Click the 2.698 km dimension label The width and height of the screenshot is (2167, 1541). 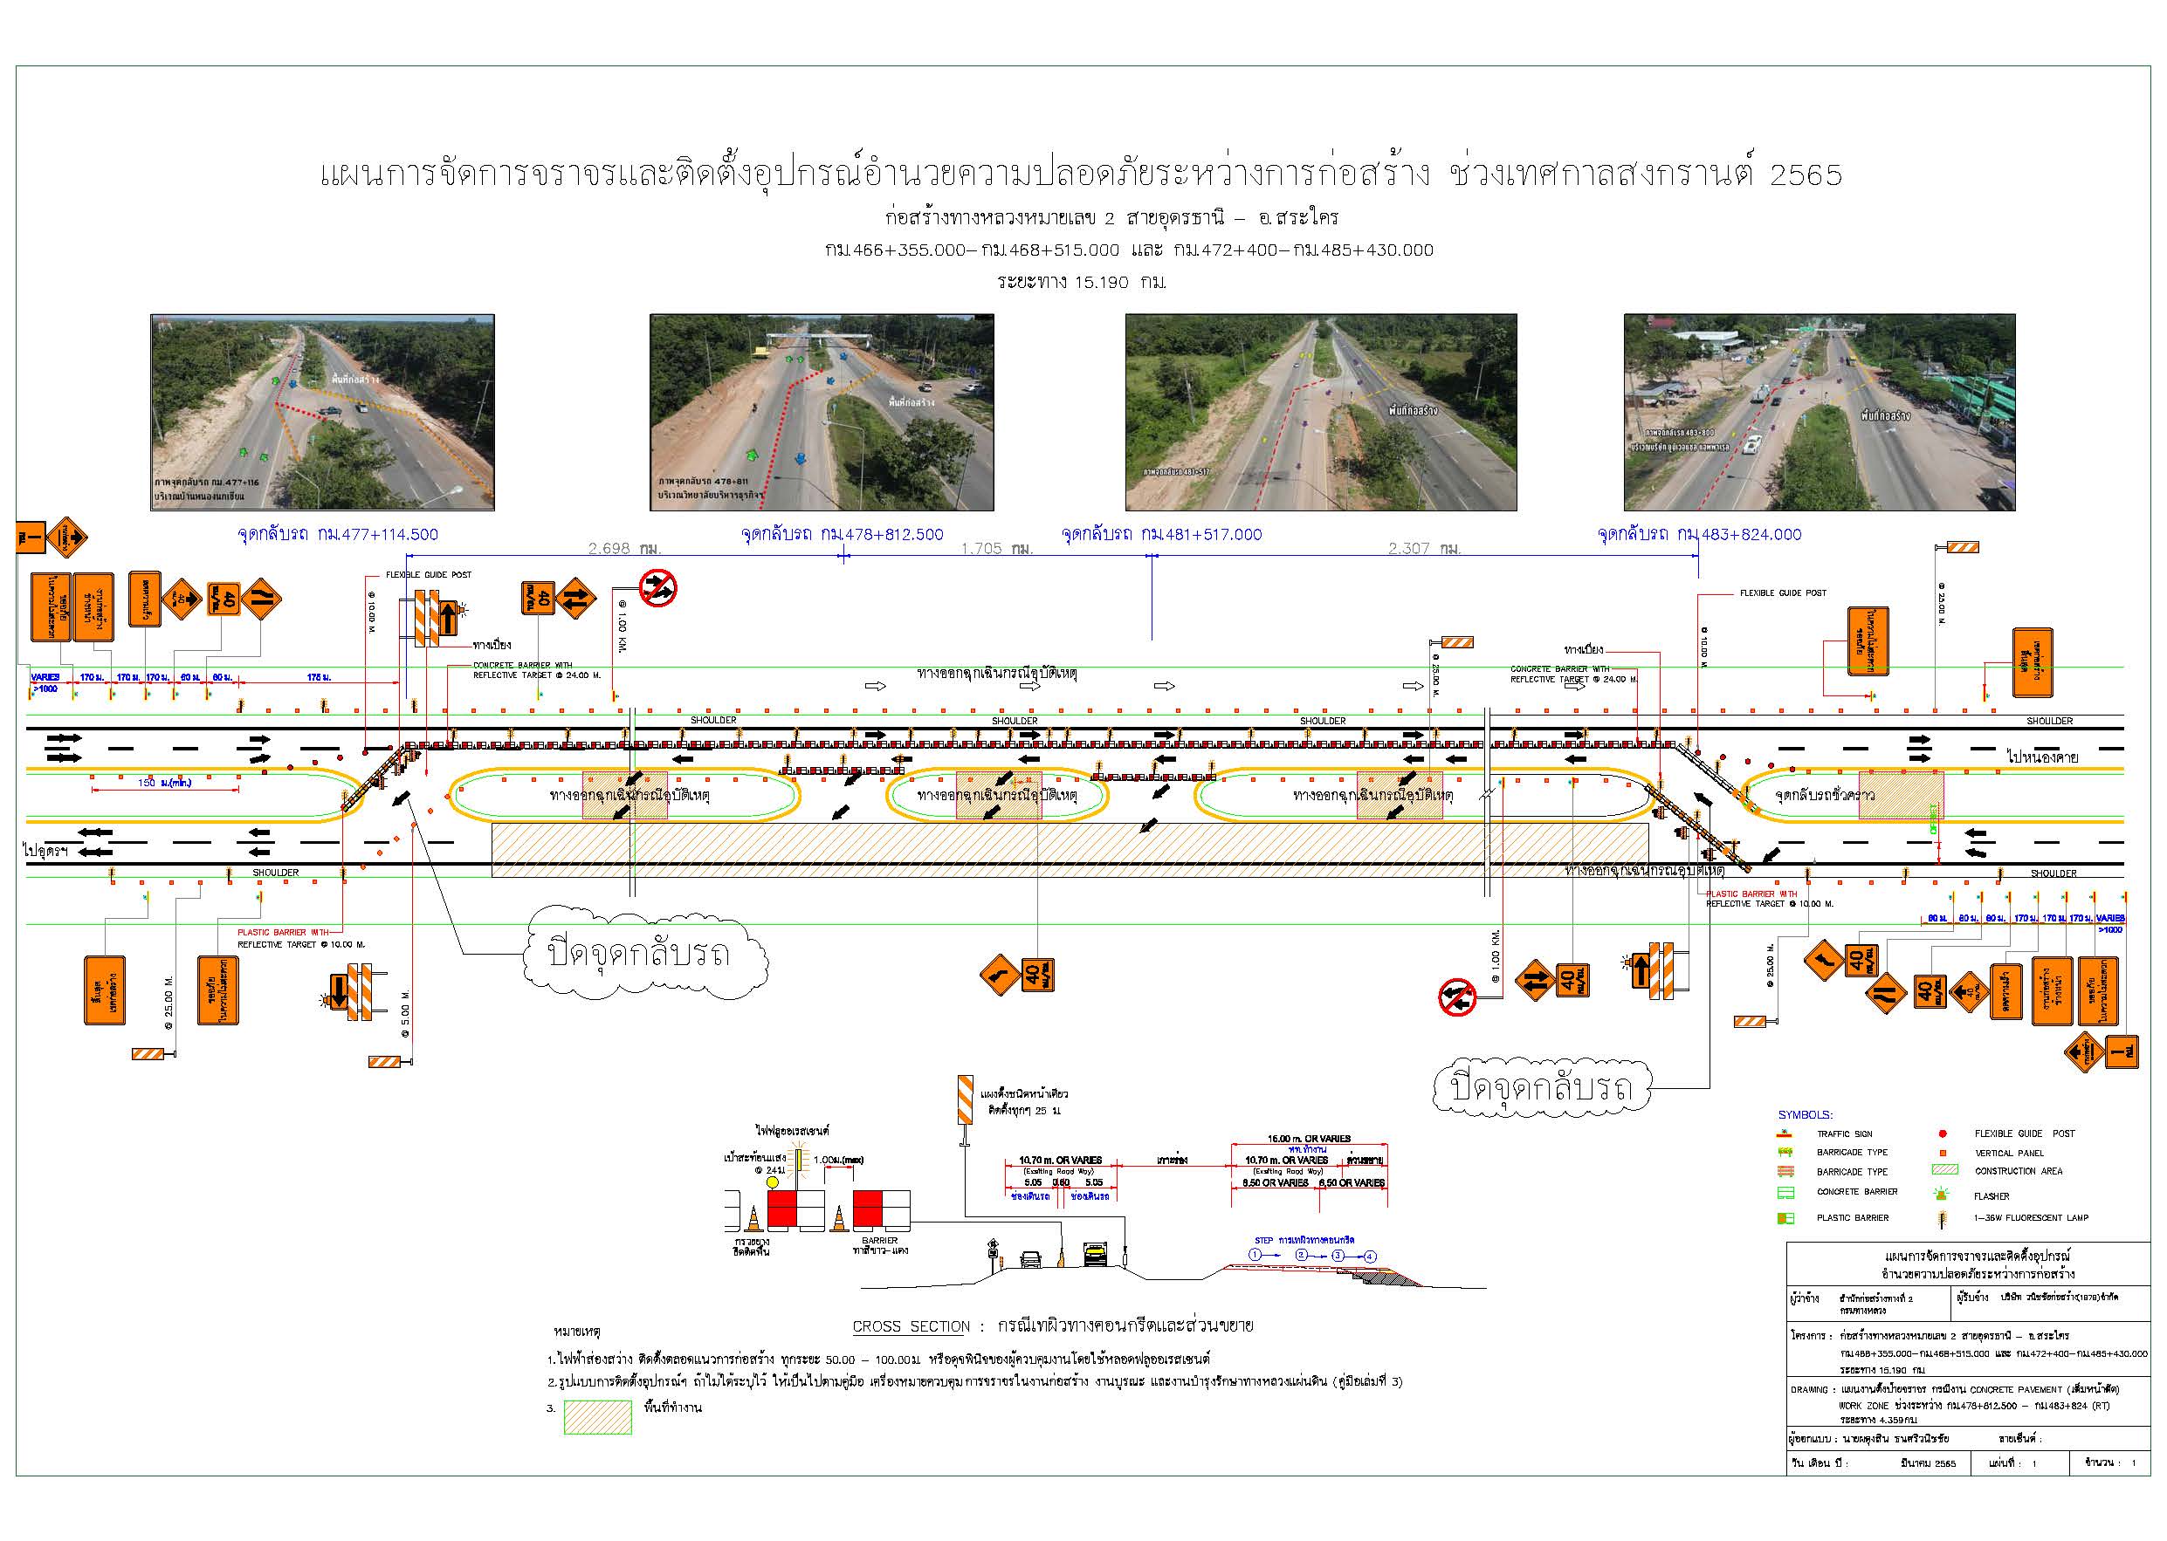[623, 549]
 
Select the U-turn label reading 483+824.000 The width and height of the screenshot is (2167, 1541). [1699, 534]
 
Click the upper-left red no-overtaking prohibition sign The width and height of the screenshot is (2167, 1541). [657, 588]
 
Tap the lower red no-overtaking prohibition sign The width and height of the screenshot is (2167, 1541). [1457, 997]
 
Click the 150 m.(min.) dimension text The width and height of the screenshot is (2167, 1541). [165, 783]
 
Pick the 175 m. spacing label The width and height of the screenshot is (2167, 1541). [319, 677]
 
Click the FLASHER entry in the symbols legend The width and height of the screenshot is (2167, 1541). [1992, 1196]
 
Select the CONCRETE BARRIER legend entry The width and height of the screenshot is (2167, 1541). [1856, 1192]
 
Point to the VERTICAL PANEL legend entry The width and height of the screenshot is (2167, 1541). [2007, 1153]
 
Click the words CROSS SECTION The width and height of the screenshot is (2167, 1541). [911, 1326]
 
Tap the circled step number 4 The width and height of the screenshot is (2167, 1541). [1369, 1256]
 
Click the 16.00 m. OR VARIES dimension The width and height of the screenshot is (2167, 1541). [1309, 1139]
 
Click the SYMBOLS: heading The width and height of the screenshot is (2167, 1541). [1806, 1115]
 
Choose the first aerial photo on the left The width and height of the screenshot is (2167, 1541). [322, 413]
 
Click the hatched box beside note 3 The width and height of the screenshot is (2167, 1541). [597, 1417]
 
